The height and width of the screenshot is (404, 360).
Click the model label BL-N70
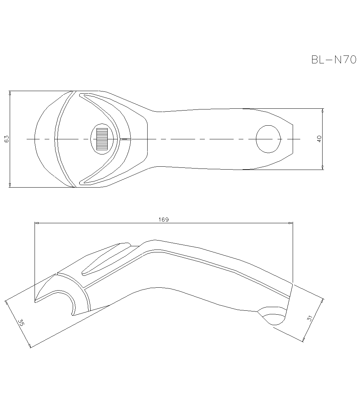tap(333, 59)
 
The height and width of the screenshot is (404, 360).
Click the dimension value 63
tap(6, 139)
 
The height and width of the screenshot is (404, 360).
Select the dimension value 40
tap(319, 139)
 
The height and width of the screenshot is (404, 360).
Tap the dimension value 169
tap(163, 219)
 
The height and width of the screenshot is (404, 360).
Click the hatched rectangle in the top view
tap(102, 139)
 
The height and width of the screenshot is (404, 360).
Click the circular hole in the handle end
tap(268, 139)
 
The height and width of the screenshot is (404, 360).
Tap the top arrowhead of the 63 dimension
tap(10, 93)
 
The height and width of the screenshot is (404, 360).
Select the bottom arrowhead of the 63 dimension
tap(10, 185)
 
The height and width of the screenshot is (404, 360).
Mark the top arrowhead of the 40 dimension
tap(323, 111)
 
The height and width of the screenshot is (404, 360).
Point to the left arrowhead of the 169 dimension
tap(37, 223)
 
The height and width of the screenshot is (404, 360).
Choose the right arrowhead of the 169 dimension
tap(291, 223)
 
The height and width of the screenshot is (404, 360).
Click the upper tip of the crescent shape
tap(81, 95)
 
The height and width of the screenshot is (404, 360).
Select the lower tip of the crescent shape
tap(81, 182)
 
